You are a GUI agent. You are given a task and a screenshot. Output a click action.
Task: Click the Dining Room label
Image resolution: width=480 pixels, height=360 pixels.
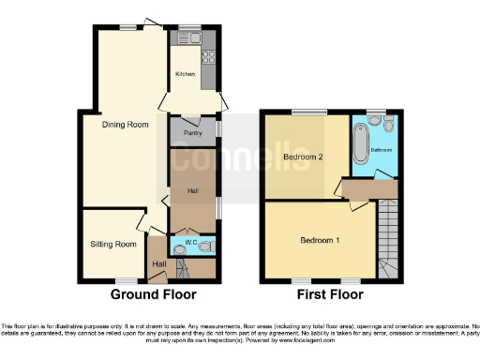(126, 123)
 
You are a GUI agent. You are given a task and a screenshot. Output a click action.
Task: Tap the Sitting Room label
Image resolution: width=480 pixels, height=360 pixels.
(113, 244)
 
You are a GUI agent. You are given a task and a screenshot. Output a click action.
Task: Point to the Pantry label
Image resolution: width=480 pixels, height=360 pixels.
(180, 132)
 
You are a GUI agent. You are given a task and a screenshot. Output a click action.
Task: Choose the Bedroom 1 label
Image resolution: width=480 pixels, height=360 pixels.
(319, 240)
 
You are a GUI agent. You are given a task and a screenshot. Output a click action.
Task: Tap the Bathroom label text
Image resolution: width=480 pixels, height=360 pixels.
(382, 149)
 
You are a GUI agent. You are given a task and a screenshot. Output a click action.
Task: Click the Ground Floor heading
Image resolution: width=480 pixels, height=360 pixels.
(154, 294)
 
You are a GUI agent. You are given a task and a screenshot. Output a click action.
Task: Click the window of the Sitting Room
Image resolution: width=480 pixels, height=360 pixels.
(124, 280)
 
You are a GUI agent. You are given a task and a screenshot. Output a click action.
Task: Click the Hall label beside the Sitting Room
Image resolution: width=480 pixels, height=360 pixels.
(158, 264)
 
